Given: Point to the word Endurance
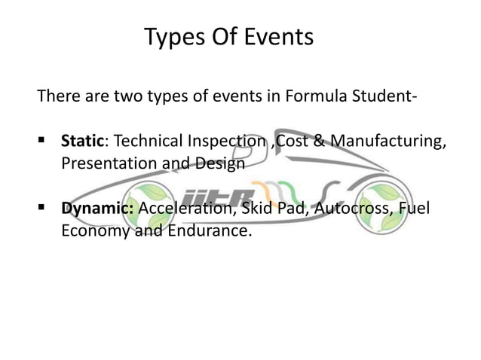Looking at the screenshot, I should pyautogui.click(x=207, y=230).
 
